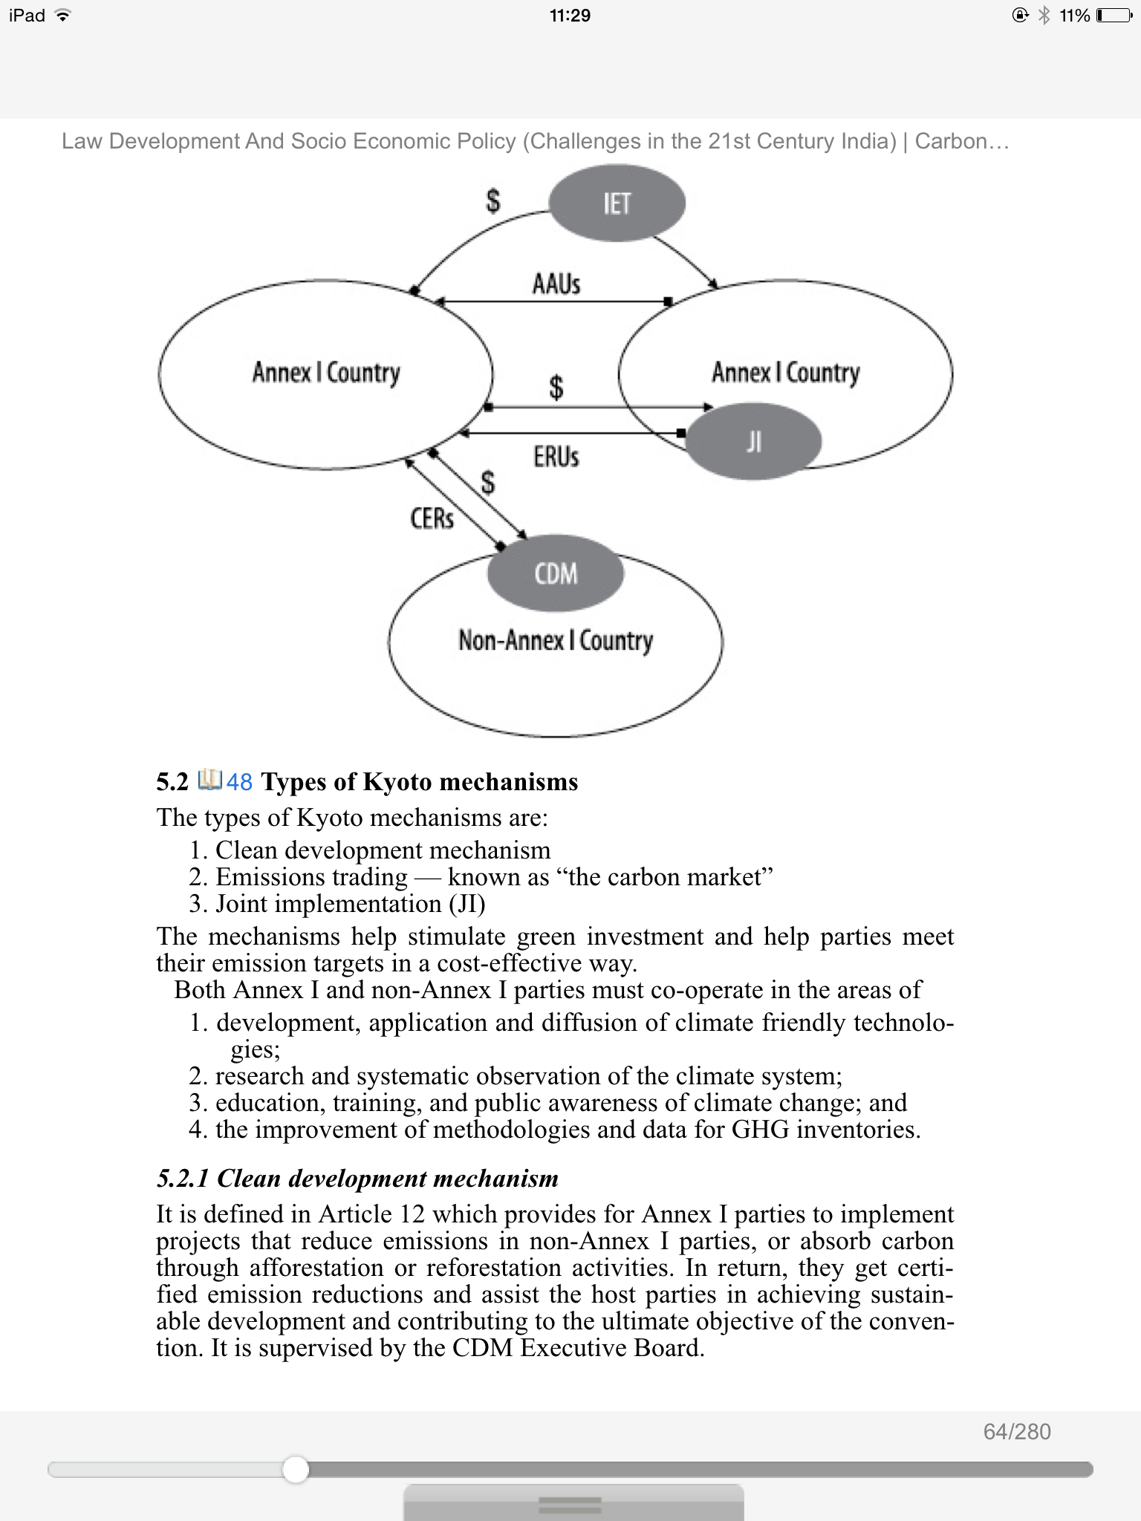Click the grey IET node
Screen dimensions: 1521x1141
[x=617, y=203]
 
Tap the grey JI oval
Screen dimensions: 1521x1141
[x=754, y=442]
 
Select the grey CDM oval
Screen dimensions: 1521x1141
[x=556, y=573]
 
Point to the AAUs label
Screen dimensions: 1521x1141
[x=556, y=284]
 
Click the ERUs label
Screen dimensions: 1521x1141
[x=556, y=457]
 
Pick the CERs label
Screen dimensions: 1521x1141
[x=432, y=518]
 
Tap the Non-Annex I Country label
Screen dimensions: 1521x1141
[x=556, y=640]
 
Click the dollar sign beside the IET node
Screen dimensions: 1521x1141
[x=493, y=201]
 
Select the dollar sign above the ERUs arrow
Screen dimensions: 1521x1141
[x=556, y=387]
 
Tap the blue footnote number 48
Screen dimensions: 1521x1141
[x=239, y=782]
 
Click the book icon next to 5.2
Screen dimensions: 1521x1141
[x=210, y=780]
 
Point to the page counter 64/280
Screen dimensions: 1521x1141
[x=1017, y=1432]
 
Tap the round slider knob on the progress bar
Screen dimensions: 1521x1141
[x=296, y=1469]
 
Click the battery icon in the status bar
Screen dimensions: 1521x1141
[x=1114, y=16]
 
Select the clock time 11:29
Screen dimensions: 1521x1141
[x=570, y=16]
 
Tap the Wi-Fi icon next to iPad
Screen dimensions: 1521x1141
[x=64, y=16]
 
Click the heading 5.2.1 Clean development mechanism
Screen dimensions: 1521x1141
[x=357, y=1179]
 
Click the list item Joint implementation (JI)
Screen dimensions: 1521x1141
[x=350, y=904]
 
